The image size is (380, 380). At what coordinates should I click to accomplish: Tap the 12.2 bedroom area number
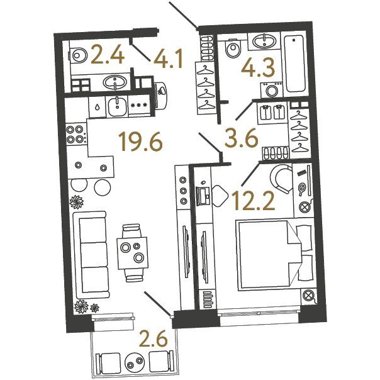tap(254, 201)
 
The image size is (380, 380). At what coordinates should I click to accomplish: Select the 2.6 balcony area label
tap(154, 339)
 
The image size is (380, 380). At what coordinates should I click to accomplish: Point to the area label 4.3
tap(258, 67)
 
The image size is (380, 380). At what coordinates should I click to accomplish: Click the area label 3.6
tap(242, 138)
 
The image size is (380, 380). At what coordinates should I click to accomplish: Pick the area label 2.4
tap(108, 56)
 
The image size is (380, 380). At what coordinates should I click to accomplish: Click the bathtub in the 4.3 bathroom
tap(294, 64)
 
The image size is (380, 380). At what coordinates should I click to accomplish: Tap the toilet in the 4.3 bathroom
tap(232, 48)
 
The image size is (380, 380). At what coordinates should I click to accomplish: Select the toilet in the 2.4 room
tap(78, 55)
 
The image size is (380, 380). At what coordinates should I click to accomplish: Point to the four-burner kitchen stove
tap(75, 134)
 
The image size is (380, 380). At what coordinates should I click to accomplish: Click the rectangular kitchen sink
tap(117, 107)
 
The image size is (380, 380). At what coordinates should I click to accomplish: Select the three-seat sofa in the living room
tap(91, 255)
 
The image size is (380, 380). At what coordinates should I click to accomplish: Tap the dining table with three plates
tap(132, 253)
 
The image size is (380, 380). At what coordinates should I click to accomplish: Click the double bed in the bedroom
tap(275, 255)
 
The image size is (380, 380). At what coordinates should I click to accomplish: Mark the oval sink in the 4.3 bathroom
tap(264, 41)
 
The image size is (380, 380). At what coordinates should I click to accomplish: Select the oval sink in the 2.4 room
tap(115, 82)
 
